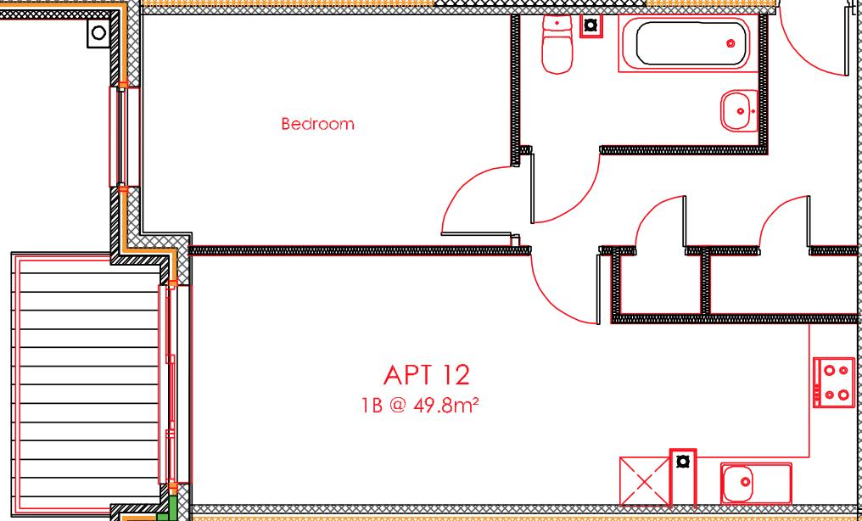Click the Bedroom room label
tap(317, 124)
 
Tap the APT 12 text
tap(426, 374)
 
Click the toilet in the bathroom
tap(557, 44)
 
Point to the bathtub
tap(691, 43)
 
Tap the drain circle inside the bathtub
tap(730, 43)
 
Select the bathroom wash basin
tap(739, 110)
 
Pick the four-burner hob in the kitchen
tap(833, 382)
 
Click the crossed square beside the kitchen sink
tap(644, 481)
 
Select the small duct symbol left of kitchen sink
tap(682, 462)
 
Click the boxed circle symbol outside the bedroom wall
tap(98, 33)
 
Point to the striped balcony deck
tap(85, 382)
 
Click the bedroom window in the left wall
tap(123, 136)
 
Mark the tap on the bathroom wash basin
tap(742, 111)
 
